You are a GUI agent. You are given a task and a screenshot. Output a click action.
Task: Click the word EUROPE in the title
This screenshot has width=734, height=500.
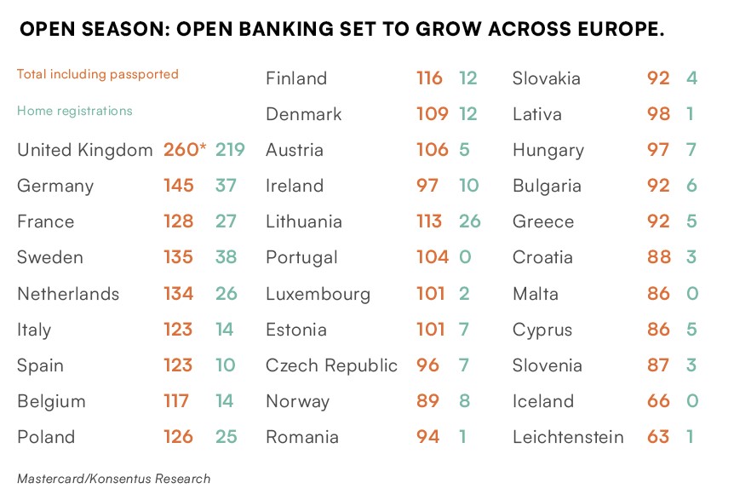(608, 30)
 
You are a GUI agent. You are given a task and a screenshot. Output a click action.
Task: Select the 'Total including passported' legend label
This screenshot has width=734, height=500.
(98, 74)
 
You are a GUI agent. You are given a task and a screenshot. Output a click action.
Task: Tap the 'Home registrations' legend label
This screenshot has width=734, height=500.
(75, 111)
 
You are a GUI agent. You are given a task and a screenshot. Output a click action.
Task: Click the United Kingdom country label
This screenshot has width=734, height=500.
(85, 150)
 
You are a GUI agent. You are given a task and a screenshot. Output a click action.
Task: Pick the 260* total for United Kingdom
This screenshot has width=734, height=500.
(185, 150)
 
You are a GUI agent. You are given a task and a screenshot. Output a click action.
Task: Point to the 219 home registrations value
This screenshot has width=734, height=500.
(230, 150)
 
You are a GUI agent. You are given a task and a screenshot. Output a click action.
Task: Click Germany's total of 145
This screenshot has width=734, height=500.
(179, 186)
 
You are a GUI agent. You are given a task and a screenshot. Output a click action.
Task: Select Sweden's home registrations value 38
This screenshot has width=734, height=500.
(226, 257)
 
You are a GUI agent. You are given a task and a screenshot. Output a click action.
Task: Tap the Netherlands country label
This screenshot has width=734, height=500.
(68, 294)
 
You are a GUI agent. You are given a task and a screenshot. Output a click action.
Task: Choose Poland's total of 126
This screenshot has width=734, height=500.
(179, 437)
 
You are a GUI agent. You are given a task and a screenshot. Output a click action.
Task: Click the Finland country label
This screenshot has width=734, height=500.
(296, 78)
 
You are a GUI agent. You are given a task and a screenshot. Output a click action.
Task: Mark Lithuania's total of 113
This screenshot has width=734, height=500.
(429, 221)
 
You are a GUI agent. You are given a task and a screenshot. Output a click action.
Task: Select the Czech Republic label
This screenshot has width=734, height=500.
(331, 365)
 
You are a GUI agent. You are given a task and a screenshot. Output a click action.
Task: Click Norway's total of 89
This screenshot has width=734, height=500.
(428, 401)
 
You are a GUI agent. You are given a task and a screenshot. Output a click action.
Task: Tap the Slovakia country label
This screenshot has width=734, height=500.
(547, 78)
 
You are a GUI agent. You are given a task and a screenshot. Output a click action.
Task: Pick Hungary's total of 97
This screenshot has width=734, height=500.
(658, 150)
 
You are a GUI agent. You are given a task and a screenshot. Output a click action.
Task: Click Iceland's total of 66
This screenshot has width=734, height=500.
(658, 401)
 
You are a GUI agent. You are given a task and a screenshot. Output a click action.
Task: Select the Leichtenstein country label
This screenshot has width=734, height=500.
(568, 437)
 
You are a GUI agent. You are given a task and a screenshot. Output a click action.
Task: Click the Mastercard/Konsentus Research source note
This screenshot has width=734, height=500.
(113, 479)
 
